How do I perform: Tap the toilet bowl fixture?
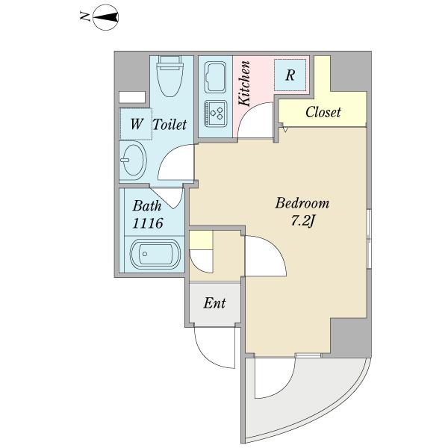[170, 76]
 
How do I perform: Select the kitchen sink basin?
[215, 77]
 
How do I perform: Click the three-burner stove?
[216, 113]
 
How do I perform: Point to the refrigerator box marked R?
[290, 75]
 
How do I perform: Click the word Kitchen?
[245, 84]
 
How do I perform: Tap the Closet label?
[323, 112]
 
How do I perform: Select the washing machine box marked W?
[136, 124]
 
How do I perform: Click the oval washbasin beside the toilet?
[133, 160]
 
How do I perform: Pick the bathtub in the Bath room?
[155, 255]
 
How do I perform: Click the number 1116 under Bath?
[148, 223]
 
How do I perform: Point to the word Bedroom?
[302, 203]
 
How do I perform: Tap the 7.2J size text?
[302, 221]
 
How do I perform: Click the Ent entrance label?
[214, 303]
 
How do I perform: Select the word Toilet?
[170, 125]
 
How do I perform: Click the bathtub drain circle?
[145, 254]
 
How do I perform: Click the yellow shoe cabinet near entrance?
[201, 240]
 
